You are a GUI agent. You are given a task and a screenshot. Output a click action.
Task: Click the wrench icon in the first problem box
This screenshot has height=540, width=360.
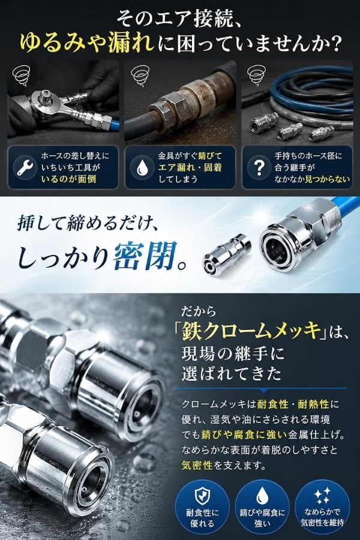[x=25, y=168]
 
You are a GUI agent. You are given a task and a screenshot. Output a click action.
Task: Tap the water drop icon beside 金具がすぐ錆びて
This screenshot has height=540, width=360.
[x=142, y=168]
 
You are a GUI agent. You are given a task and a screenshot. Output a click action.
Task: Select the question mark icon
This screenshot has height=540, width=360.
[x=259, y=168]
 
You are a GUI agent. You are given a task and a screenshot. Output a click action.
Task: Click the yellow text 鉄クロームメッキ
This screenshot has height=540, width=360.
[x=250, y=331]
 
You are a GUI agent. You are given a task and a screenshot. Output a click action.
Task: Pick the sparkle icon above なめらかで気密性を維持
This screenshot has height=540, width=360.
[x=322, y=495]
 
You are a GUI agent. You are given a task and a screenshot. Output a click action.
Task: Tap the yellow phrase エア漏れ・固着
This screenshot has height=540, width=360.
[x=190, y=167]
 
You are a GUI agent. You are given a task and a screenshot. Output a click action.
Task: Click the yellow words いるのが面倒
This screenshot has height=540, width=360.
[x=68, y=179]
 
